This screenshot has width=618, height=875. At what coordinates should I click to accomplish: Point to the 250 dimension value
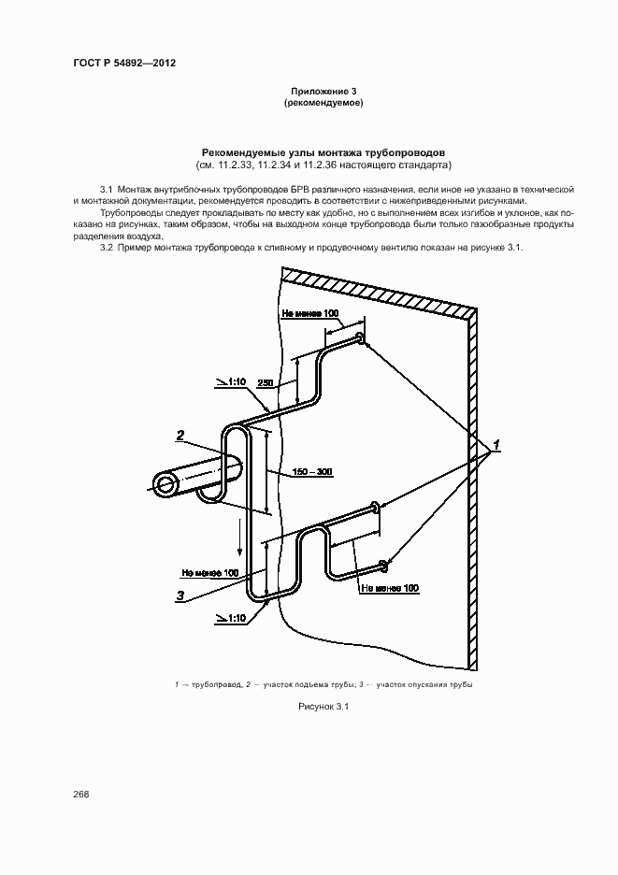coord(265,383)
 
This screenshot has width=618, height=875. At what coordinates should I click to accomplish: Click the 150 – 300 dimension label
coord(311,471)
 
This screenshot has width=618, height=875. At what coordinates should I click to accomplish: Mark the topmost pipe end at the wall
coord(360,339)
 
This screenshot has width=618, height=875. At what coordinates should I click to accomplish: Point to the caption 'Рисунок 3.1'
coord(322,707)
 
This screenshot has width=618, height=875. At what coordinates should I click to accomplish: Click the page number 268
coord(81,794)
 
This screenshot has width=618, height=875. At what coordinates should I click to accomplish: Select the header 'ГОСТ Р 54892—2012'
coord(124,64)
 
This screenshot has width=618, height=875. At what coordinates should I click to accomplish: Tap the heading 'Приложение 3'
coord(323,91)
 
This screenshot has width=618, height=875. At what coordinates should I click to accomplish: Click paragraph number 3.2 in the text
coord(106,247)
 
